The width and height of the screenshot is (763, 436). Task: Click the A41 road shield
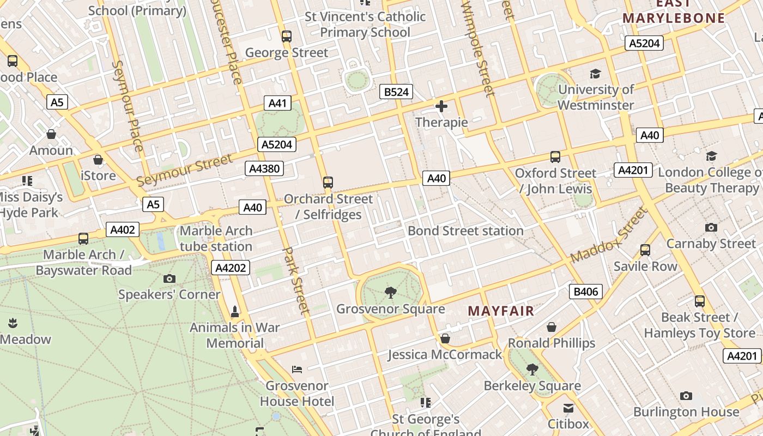[x=277, y=102]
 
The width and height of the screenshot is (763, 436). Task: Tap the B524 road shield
[x=396, y=92]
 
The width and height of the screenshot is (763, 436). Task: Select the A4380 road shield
[x=264, y=168]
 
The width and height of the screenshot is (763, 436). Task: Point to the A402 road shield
[x=122, y=229]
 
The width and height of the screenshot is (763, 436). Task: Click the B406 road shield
[x=586, y=292]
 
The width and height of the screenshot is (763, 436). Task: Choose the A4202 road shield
[x=231, y=268]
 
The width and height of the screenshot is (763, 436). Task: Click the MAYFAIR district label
[x=501, y=311]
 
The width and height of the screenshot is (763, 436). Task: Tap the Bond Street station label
[x=465, y=231]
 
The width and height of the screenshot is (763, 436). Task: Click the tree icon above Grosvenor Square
[x=390, y=293]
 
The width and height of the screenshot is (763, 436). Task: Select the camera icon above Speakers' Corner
[x=169, y=278]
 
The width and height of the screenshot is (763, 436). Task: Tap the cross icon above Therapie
[x=441, y=106]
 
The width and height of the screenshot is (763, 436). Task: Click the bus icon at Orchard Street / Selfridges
[x=328, y=183]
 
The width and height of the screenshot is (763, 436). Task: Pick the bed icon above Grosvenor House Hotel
[x=297, y=370]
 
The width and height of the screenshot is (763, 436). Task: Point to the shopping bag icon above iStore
[x=98, y=160]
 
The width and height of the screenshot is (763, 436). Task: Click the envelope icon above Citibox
[x=568, y=408]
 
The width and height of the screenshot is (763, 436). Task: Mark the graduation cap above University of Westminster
[x=596, y=74]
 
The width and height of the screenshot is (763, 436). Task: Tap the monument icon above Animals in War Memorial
[x=235, y=312]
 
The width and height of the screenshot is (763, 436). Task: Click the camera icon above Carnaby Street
[x=711, y=227]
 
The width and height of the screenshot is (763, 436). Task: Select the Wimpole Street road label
[x=477, y=49]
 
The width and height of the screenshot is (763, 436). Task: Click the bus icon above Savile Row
[x=645, y=250]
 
